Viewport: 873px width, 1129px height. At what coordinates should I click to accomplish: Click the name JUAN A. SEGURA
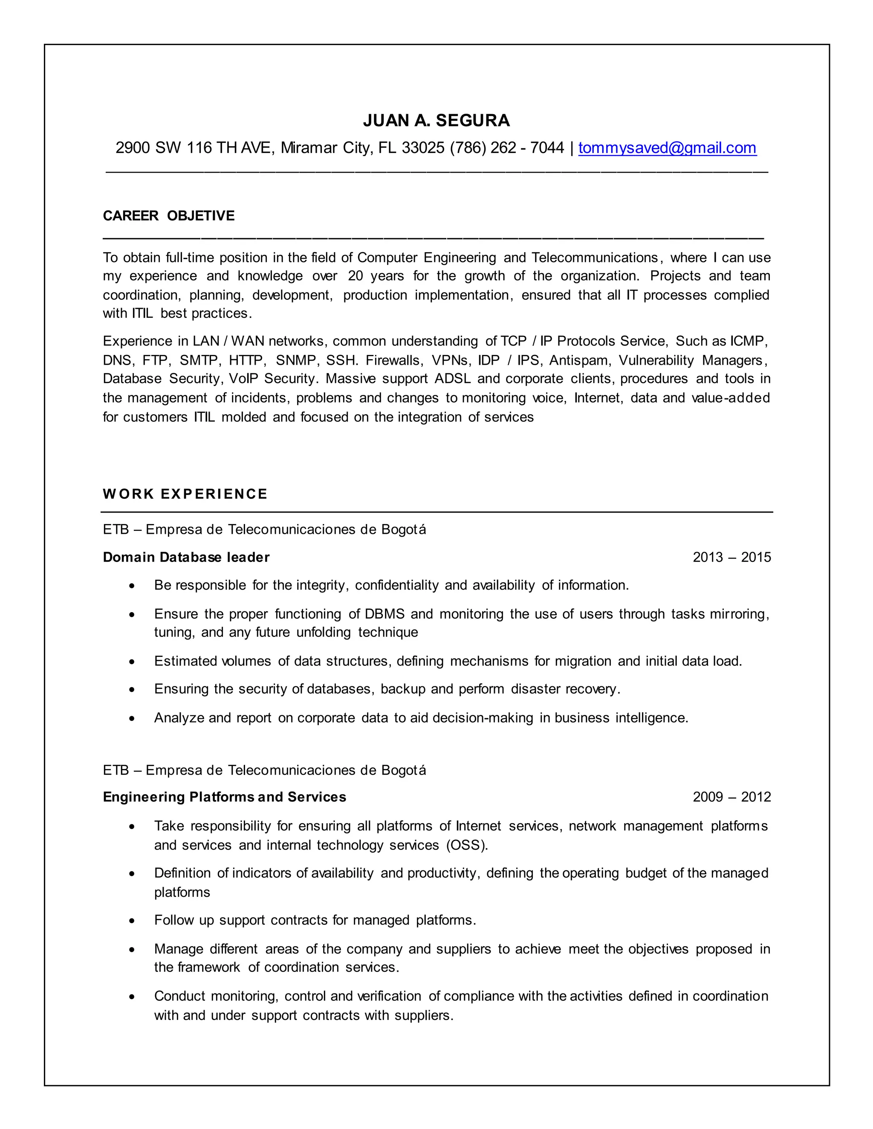tap(436, 121)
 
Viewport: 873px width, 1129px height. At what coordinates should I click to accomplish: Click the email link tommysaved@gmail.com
tap(667, 148)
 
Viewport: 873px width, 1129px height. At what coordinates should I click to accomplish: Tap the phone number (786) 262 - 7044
tap(506, 148)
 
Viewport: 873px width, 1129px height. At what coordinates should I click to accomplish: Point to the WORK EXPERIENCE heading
tap(185, 494)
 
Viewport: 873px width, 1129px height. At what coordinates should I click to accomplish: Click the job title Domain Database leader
tap(186, 557)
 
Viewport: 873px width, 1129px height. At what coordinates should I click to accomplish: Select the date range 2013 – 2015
tap(731, 557)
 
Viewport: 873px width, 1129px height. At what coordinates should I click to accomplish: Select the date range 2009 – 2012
tap(731, 797)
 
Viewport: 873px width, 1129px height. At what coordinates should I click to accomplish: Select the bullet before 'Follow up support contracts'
tap(133, 921)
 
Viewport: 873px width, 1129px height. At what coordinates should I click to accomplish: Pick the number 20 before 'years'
tap(356, 276)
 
